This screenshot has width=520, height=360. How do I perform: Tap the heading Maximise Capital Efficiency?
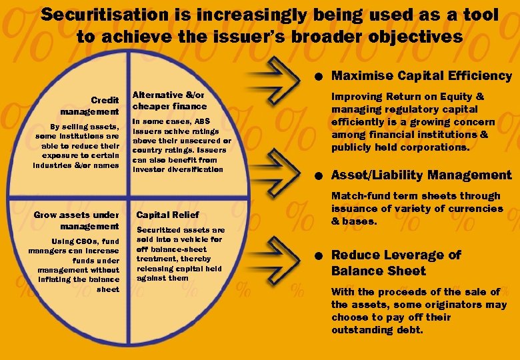coord(421,76)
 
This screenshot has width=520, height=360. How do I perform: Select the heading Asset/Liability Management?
coord(421,175)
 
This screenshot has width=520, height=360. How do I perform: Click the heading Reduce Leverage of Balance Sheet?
coord(396,263)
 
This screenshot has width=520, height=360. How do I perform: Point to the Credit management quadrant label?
coord(89,106)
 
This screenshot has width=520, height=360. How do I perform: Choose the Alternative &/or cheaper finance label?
coord(170,101)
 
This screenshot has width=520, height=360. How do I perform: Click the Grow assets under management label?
coord(76,220)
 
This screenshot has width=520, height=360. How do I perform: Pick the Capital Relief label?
coord(167,215)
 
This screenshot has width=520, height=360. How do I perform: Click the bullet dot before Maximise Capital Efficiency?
coord(321,77)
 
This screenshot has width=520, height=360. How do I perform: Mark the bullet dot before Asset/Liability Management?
coord(321,176)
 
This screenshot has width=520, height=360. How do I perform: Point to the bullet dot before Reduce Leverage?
coord(321,256)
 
